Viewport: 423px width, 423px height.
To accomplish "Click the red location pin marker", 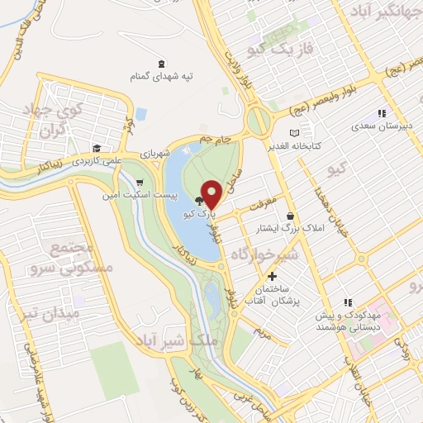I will (x=212, y=194).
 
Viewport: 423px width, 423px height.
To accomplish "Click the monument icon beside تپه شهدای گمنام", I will (x=159, y=64).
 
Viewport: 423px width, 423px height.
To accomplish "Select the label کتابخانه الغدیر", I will (x=315, y=145).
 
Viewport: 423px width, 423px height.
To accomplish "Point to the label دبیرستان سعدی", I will (x=382, y=126).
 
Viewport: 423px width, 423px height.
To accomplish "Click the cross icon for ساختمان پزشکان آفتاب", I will (x=273, y=274).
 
